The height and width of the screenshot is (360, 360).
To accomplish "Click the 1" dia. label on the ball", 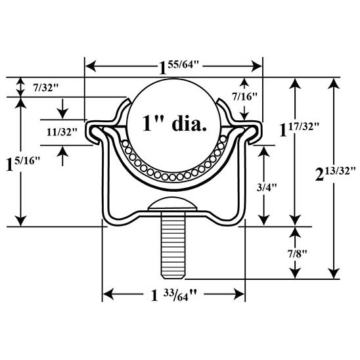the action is coord(175,124).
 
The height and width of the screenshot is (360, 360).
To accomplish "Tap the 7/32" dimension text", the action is coord(46,88).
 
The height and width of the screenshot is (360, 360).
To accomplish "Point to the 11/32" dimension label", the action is coord(62,132).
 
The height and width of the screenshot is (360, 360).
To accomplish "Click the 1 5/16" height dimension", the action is coord(23,164).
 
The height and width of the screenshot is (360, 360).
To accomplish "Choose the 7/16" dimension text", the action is coord(244,97).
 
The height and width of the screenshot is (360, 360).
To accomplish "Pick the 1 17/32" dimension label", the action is coord(299,129).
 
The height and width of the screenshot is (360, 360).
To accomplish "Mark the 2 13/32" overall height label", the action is coord(335,174).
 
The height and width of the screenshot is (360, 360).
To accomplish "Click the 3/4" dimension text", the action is coord(266,188).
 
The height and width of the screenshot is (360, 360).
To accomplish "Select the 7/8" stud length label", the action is coord(297,254).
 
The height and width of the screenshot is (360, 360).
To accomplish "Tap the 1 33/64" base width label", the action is coord(174,295).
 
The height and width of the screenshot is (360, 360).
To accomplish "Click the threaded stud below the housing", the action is coord(173,245).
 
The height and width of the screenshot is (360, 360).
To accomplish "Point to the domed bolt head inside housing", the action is coord(172,204).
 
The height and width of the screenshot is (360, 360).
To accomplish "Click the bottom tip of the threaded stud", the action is coord(173,279).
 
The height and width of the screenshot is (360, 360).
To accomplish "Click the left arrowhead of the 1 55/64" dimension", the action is coord(91,66).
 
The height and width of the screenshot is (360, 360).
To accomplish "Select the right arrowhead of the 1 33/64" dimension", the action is coord(239,294).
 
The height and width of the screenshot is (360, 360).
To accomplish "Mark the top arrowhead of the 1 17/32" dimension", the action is coord(295,83).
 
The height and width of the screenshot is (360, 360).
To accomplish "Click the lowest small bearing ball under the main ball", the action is coord(172,177).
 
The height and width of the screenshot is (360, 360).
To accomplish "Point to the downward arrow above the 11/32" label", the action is coord(62,109).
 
